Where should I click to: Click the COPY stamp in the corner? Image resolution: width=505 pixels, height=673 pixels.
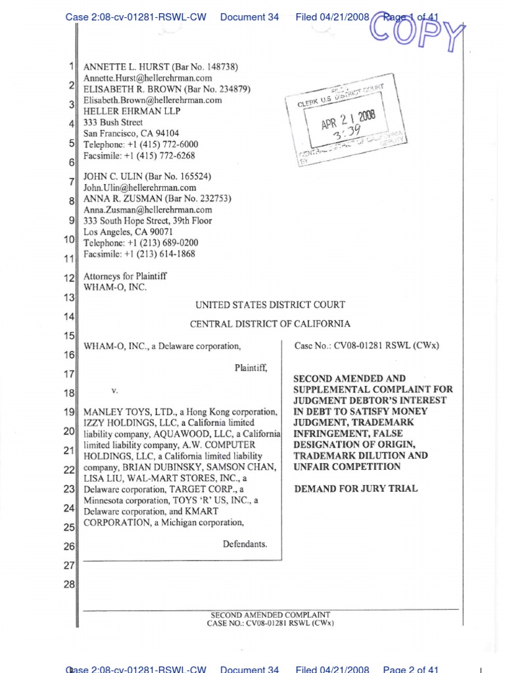(x=417, y=30)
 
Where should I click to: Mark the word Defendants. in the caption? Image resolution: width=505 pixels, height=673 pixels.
(x=245, y=544)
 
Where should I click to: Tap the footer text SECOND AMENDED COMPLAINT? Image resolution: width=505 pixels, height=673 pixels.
(x=270, y=615)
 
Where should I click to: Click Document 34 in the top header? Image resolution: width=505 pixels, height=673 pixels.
(x=250, y=17)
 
